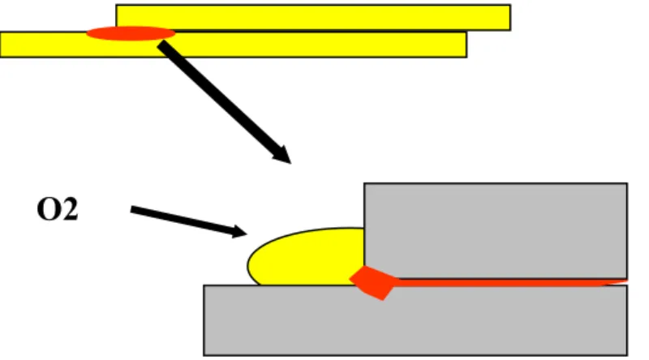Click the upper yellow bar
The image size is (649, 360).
[313, 17]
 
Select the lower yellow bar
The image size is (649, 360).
[234, 45]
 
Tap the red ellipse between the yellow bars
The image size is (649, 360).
[131, 33]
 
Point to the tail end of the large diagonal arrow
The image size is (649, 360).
[161, 44]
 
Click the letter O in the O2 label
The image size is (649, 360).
[49, 209]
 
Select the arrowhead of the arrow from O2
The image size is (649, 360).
[240, 232]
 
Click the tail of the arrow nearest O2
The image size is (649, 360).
[131, 209]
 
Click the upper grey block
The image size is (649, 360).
[496, 230]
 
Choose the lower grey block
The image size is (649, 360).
[415, 320]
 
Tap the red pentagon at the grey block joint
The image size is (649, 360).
[373, 283]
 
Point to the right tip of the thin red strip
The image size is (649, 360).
[627, 282]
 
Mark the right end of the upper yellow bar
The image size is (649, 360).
[510, 17]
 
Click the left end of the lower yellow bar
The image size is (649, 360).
[1, 45]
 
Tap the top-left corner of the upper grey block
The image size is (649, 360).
[364, 183]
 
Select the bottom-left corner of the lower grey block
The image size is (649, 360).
[204, 355]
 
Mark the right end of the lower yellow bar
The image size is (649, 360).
[466, 45]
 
